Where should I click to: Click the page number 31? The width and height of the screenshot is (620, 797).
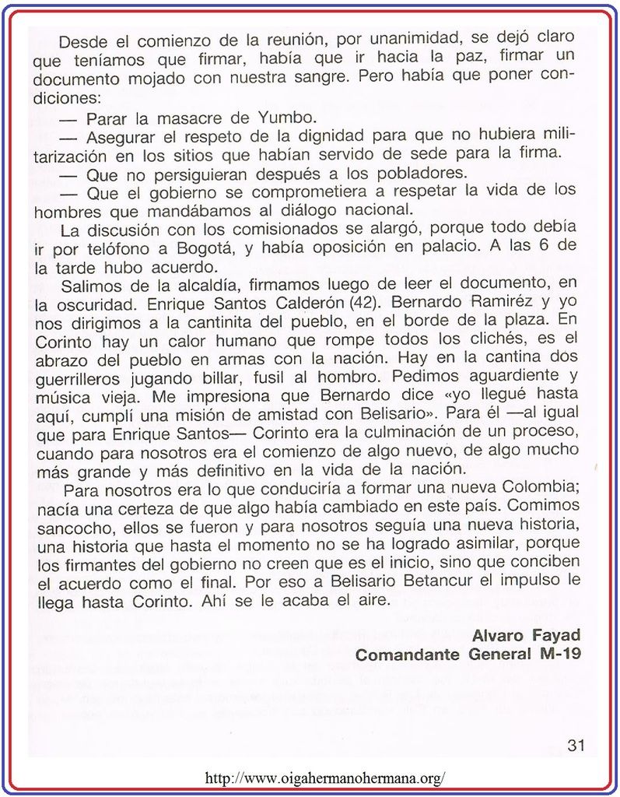click(x=576, y=745)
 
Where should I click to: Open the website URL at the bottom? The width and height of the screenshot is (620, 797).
click(x=324, y=778)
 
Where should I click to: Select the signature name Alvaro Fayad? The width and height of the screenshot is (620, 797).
click(x=526, y=635)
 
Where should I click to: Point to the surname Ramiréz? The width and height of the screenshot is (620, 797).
click(x=498, y=302)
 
